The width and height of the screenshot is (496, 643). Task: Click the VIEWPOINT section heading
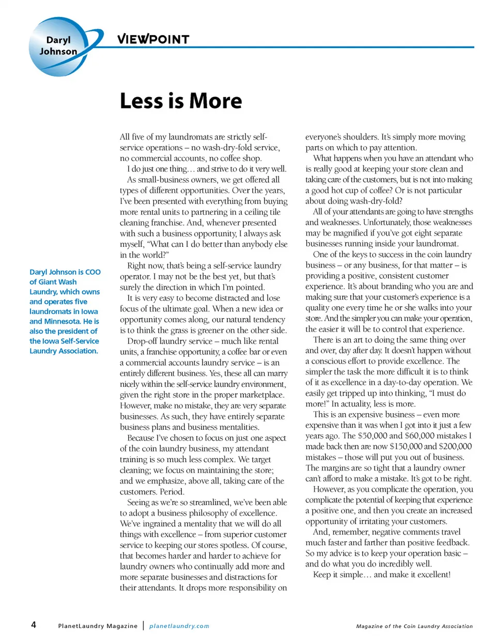153,39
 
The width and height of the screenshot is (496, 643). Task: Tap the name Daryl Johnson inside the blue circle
58,45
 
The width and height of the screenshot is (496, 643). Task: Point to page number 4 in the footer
34,625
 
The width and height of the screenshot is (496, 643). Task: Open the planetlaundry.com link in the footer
179,626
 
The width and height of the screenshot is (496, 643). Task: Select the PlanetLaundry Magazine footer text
98,626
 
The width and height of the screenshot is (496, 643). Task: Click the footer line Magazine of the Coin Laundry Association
414,626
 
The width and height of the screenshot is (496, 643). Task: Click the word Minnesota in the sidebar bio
63,321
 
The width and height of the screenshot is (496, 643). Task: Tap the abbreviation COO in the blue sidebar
93,272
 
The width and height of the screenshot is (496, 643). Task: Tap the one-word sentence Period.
172,492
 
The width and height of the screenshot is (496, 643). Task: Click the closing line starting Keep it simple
382,575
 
